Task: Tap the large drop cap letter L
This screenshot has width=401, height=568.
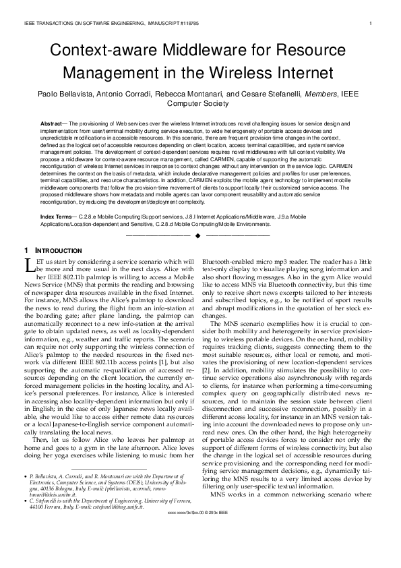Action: pyautogui.click(x=28, y=264)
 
